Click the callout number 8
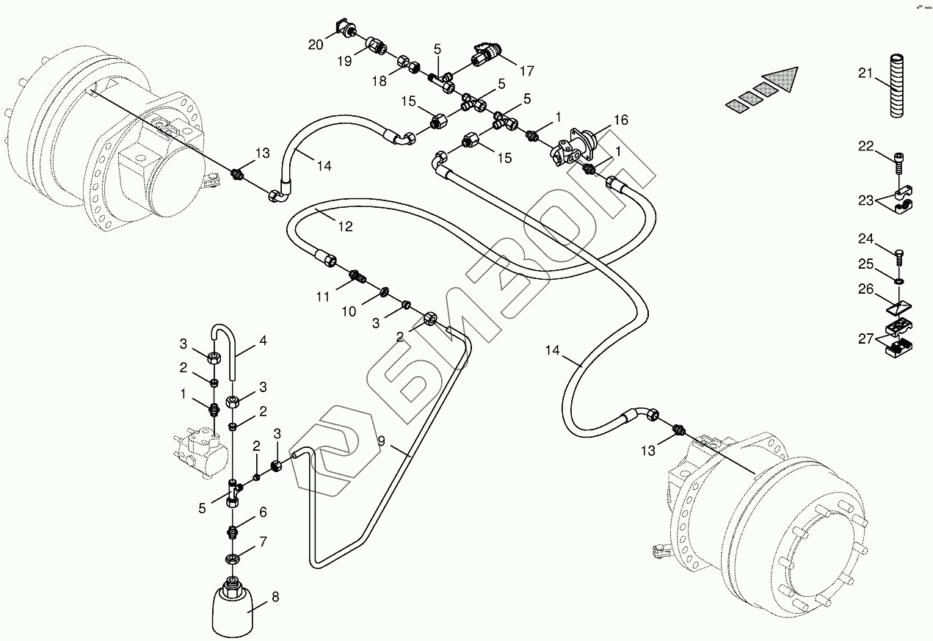[x=275, y=597]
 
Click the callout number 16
[x=620, y=120]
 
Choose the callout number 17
[x=527, y=70]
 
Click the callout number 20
[x=316, y=45]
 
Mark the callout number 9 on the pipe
[x=381, y=441]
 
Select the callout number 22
[x=865, y=146]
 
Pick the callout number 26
[x=866, y=289]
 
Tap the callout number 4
[x=262, y=341]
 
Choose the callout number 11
[x=324, y=297]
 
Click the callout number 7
[x=263, y=542]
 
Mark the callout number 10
[x=349, y=311]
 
